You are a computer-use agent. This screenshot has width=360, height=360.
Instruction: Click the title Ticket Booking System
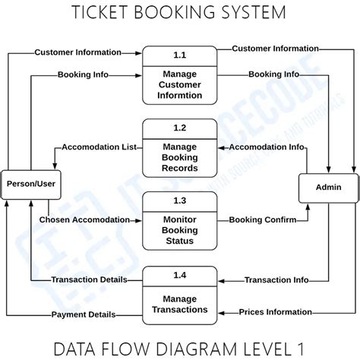point(179,13)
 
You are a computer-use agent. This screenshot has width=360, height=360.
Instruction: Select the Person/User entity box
point(31,183)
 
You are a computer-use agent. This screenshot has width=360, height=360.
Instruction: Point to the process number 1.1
point(179,55)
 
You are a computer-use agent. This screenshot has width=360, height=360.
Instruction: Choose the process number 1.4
point(179,273)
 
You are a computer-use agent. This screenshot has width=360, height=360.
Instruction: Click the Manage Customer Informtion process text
point(179,84)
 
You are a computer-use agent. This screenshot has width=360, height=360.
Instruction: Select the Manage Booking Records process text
point(179,156)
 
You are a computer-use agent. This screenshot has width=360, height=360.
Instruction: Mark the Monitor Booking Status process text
point(179,229)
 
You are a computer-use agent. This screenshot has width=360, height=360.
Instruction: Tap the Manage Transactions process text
point(179,303)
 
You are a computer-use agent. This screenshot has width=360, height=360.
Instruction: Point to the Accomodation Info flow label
point(267,147)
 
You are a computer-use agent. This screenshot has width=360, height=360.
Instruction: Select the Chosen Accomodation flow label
point(84,219)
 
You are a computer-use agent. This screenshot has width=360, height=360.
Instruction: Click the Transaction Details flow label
point(83,279)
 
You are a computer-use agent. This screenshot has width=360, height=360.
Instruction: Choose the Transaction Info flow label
point(276,279)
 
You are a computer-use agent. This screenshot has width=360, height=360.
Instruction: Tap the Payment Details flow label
point(83,314)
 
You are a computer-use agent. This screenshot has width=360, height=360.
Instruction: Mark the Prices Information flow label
point(274,311)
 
